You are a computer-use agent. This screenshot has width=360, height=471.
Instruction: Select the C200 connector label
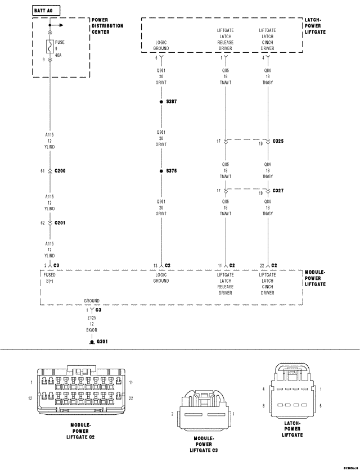[60, 170]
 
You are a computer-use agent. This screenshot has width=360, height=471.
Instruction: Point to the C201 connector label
[60, 223]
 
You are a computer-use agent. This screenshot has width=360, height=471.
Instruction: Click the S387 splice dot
[161, 102]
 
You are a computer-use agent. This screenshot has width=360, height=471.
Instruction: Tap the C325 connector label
[278, 141]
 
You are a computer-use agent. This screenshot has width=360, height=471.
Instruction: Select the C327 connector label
[278, 191]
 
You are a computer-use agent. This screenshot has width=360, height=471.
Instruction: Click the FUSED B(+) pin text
[51, 278]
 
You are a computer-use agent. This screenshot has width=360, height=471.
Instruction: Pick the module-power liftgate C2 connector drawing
[81, 391]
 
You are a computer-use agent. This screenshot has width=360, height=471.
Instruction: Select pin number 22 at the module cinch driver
[262, 265]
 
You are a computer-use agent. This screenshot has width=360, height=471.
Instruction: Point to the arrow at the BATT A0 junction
[58, 25]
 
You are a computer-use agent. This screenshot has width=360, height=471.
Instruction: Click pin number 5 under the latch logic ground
[156, 57]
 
